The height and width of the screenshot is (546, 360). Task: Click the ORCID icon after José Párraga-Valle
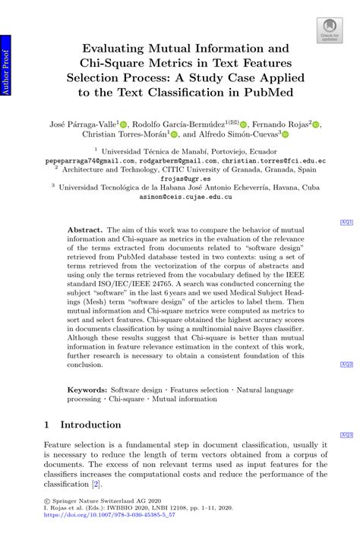125,124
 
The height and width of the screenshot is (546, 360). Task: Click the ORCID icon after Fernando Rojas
317,124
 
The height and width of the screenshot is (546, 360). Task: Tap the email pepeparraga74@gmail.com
80,162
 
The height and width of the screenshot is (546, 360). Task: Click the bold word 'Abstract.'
84,228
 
